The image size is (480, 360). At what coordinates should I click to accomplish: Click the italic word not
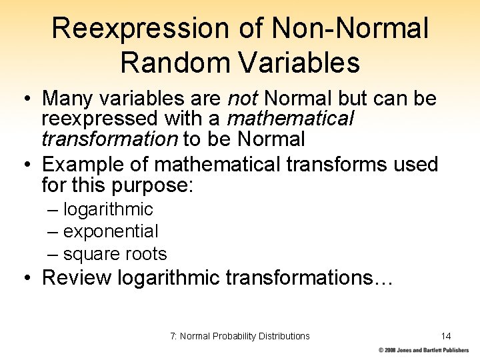tap(243, 99)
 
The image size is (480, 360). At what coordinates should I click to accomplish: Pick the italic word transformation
tap(109, 139)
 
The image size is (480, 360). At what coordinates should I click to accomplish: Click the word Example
tap(83, 164)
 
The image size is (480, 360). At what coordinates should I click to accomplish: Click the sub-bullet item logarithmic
tap(108, 209)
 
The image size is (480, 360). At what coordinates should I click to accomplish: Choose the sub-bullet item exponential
tap(111, 231)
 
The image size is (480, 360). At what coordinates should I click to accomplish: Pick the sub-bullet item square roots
tap(115, 254)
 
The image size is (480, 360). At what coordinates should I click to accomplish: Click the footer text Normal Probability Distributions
tap(245, 336)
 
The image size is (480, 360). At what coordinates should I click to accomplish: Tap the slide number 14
tap(446, 336)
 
